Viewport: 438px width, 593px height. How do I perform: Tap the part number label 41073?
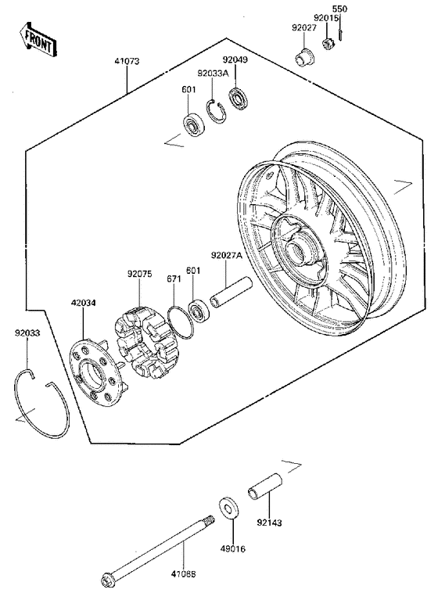(x=126, y=60)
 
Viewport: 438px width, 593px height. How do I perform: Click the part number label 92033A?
(x=213, y=73)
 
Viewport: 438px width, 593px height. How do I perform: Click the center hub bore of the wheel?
(x=299, y=251)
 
